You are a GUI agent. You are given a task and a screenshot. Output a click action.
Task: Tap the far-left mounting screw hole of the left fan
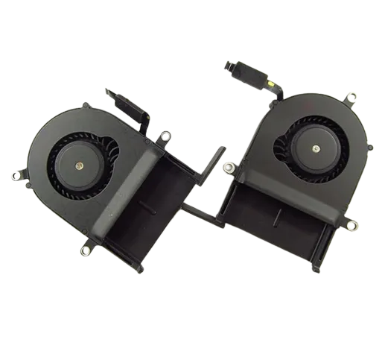(x=15, y=176)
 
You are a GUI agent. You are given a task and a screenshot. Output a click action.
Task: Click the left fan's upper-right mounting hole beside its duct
(x=165, y=136)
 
